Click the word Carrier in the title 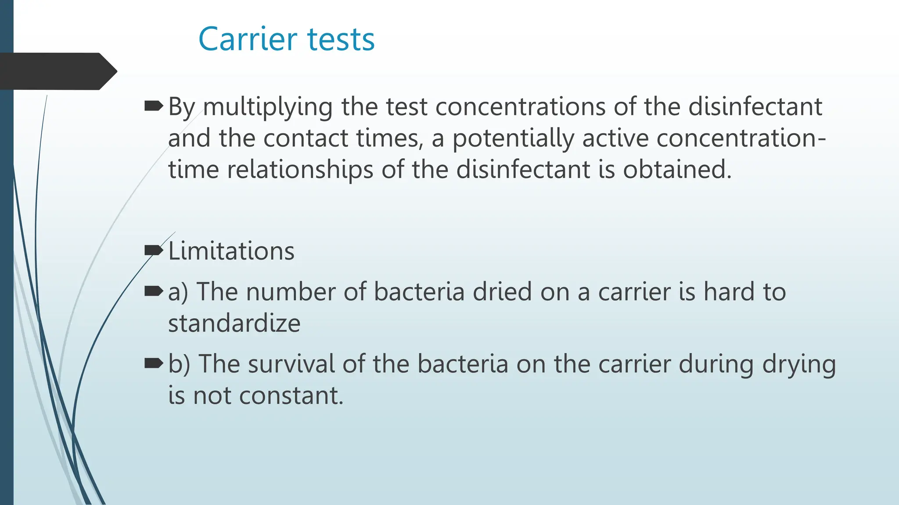pos(248,39)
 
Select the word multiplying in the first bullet pos(267,107)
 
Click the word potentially pos(513,139)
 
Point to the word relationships pos(300,170)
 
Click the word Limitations pos(231,251)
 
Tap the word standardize pos(234,324)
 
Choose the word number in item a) pos(290,292)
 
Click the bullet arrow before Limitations pos(153,250)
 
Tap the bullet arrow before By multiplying pos(153,106)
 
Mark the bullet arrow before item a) pos(153,291)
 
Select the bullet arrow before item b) pos(153,363)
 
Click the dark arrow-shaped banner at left pos(57,71)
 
